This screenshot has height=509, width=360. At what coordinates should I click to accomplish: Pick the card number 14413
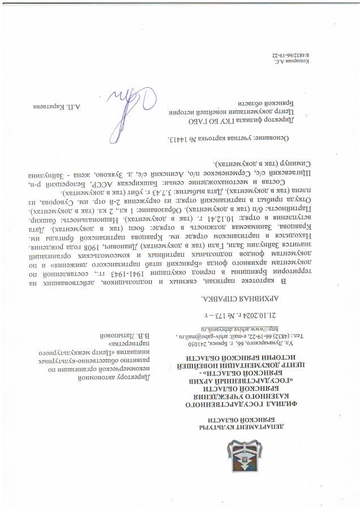tap(183, 138)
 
